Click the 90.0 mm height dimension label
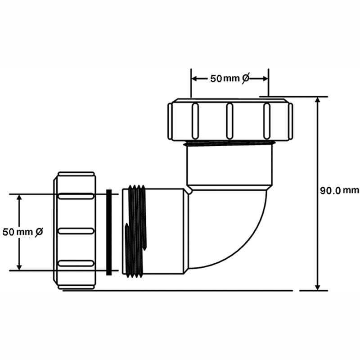point(340,190)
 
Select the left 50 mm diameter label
point(23,232)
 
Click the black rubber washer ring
point(109,232)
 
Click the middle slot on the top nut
point(229,121)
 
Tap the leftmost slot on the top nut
point(195,121)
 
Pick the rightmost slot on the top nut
point(266,121)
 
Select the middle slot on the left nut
point(76,231)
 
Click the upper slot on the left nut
point(76,196)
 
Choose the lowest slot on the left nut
point(76,263)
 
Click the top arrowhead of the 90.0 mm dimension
point(318,100)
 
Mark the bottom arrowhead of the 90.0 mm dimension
point(318,287)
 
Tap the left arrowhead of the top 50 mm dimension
point(195,79)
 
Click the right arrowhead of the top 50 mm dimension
point(265,79)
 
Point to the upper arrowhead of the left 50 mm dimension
point(19,198)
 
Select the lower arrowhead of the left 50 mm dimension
point(19,267)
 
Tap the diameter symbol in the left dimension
point(39,232)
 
